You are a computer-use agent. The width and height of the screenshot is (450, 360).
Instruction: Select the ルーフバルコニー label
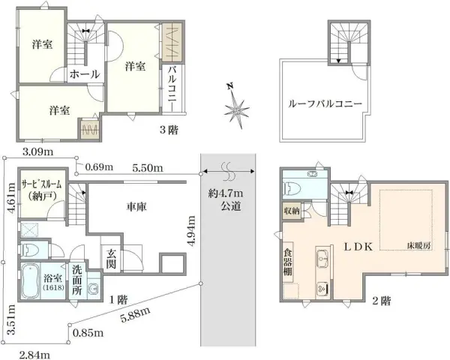click(x=325, y=105)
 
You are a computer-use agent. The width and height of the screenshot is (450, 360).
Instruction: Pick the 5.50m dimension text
click(x=148, y=167)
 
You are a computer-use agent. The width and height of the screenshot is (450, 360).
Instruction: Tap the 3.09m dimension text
click(x=37, y=152)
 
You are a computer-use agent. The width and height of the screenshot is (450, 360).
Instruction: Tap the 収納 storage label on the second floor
click(x=292, y=211)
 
